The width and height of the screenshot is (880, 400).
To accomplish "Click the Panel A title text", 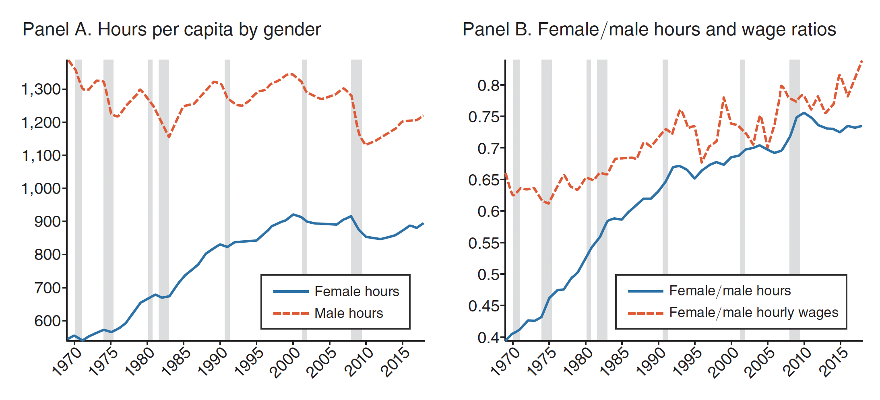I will pos(171,30).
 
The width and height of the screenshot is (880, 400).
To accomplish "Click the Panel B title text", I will pos(649,30).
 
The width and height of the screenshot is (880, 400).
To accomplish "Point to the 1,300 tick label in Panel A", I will pos(41,89).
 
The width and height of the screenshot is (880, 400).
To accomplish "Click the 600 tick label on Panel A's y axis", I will pos(48,321).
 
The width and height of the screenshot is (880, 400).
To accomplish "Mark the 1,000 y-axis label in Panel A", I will pos(41,189).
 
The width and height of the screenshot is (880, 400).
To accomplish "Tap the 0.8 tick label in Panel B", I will pos(488,85).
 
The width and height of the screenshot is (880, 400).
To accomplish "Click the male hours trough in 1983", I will pos(169,137).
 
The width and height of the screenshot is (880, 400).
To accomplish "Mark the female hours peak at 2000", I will pos(293,214).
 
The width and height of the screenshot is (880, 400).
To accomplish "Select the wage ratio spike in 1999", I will pos(724,97).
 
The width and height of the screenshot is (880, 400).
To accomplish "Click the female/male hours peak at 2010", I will pos(804,113).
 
